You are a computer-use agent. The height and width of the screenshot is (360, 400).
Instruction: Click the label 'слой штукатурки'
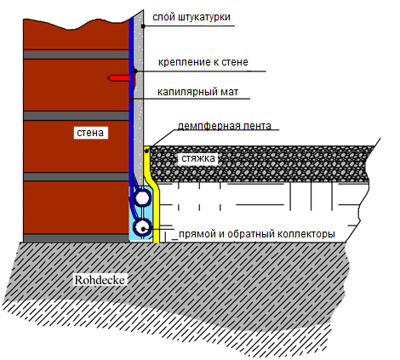(x=191, y=17)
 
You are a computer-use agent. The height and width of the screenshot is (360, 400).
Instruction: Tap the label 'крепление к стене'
(x=203, y=62)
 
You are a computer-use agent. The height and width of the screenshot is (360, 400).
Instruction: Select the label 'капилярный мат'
(x=197, y=92)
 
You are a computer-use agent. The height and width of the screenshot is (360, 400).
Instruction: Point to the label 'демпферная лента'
(x=225, y=126)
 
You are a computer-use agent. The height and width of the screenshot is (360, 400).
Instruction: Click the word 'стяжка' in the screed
(x=198, y=158)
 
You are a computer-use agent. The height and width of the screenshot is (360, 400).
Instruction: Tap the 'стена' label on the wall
(x=90, y=133)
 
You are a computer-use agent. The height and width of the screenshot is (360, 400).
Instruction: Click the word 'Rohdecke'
(x=100, y=280)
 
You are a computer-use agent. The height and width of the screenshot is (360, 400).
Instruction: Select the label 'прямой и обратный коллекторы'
(x=257, y=234)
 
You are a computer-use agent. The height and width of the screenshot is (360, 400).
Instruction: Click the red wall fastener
(x=120, y=77)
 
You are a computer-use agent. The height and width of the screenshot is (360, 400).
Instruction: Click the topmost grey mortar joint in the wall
(x=76, y=54)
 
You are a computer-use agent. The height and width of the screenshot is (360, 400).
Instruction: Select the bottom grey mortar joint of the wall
(x=76, y=238)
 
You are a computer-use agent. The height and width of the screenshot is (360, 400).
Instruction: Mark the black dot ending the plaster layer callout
(x=143, y=26)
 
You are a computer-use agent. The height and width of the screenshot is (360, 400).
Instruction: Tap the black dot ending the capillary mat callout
(x=131, y=99)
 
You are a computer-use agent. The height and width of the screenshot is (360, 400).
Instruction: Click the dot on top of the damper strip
(x=146, y=151)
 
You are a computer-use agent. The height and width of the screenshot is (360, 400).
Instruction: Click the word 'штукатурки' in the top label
(x=204, y=17)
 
